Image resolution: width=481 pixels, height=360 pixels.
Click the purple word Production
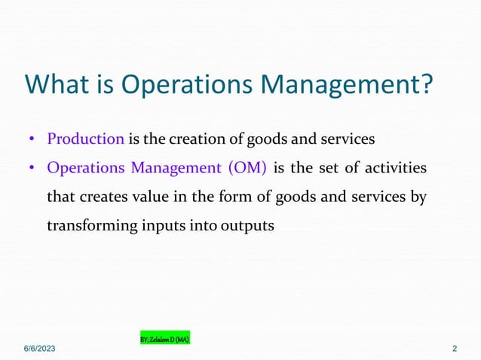click(x=85, y=139)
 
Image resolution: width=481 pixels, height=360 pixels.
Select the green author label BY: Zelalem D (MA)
click(x=165, y=339)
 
